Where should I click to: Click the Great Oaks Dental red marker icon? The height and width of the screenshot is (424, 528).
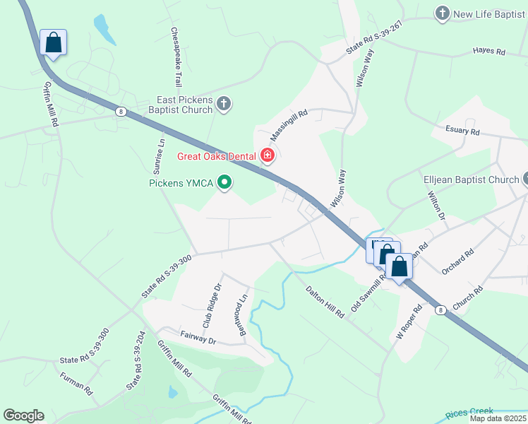tap(268, 155)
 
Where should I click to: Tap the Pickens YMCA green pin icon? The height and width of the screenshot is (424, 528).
tap(225, 183)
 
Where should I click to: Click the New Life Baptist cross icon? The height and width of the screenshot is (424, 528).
tap(443, 13)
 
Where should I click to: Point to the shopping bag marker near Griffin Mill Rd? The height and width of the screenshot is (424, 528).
tap(54, 42)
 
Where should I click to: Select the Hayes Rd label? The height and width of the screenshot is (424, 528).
tap(489, 52)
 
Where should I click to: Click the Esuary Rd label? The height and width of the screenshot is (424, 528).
tap(462, 131)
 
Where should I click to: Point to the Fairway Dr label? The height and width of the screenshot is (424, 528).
tap(197, 338)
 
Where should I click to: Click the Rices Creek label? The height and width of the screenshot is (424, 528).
tap(469, 412)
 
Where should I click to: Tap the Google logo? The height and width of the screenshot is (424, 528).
tap(23, 416)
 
